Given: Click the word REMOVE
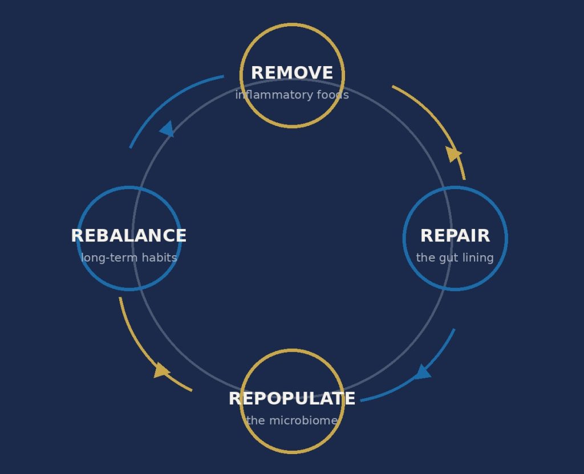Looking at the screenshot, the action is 292,73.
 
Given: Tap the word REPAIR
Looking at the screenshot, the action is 455,236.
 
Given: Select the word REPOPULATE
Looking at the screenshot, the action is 292,399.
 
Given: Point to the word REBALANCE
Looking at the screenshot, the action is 129,236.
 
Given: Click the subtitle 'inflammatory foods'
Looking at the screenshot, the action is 292,95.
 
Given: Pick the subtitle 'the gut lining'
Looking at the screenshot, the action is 455,258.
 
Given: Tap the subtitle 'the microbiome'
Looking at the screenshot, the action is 292,420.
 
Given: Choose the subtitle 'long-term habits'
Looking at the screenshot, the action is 129,258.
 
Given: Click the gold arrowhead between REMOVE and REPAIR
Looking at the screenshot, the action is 453,154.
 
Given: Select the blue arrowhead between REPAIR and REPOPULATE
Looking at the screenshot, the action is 423,372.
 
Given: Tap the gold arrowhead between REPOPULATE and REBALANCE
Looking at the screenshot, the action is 161,370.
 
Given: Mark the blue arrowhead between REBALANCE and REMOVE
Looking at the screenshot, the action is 167,129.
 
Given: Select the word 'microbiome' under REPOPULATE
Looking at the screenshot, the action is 303,420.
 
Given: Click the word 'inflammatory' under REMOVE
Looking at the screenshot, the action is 274,95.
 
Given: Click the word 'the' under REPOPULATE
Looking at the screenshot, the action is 255,420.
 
